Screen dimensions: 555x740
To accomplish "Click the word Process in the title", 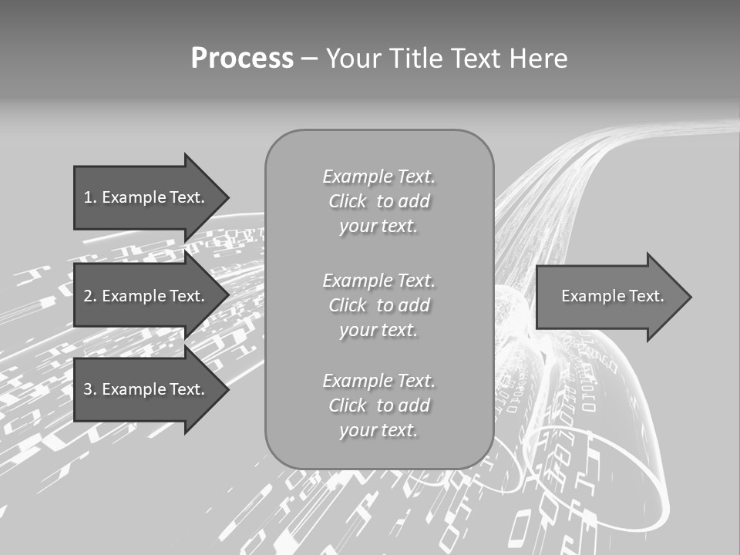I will click(242, 59).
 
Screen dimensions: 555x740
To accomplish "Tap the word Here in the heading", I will click(538, 59).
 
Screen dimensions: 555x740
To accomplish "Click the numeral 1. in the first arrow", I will click(90, 197).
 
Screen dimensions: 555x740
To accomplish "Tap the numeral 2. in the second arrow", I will click(90, 296).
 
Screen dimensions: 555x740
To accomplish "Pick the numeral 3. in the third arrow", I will click(90, 389).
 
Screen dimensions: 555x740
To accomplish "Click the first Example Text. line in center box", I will click(378, 177).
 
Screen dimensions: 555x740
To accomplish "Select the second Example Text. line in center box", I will click(378, 281).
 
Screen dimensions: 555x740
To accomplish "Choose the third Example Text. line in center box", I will click(378, 381).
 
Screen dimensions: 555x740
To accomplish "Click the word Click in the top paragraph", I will click(347, 201).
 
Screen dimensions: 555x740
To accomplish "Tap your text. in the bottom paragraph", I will click(378, 430).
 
